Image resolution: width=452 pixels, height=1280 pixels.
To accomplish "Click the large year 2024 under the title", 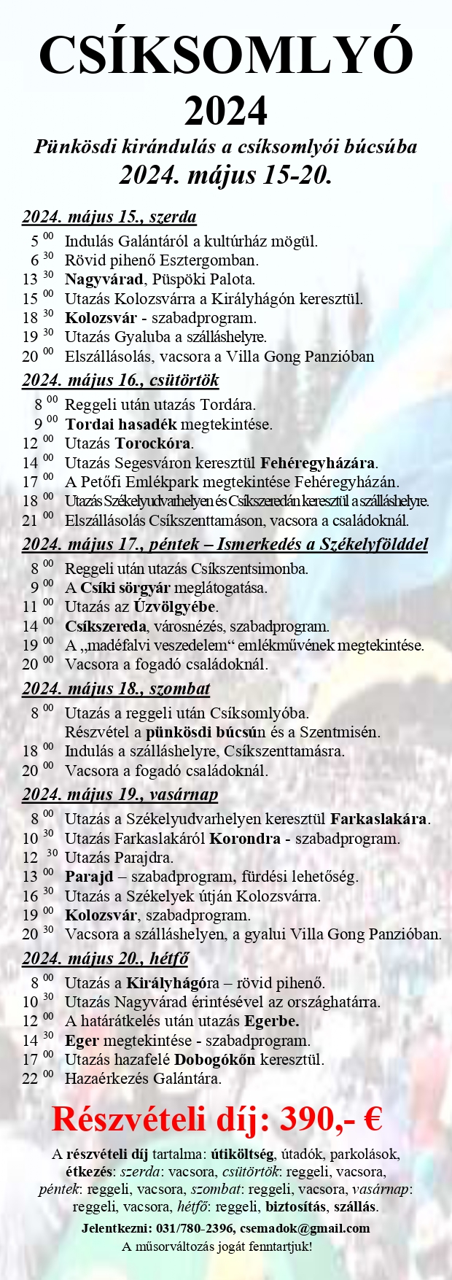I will (x=226, y=111).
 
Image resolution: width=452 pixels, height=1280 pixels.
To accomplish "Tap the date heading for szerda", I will (x=109, y=217).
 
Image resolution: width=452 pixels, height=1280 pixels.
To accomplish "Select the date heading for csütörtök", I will (x=120, y=380).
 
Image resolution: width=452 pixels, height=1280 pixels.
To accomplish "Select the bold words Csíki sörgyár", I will (x=126, y=588).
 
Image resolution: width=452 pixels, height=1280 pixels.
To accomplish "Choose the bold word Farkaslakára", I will (x=379, y=819).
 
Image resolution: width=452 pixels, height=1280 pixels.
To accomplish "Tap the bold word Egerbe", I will (x=271, y=1021).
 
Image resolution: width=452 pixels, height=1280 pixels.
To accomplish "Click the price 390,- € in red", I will (x=331, y=1120).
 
